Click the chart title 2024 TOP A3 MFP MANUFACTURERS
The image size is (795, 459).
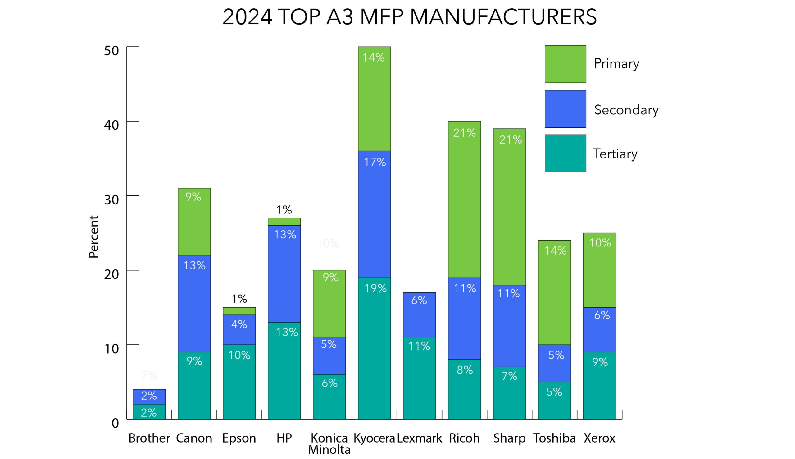tap(410, 17)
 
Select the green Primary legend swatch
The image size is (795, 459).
tap(565, 64)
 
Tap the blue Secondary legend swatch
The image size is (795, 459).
tap(565, 109)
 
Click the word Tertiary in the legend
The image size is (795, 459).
tap(615, 154)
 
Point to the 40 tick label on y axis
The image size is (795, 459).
tap(111, 125)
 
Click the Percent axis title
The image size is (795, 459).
tap(93, 237)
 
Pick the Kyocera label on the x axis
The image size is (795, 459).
tap(374, 438)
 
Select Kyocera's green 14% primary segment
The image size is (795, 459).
tap(374, 99)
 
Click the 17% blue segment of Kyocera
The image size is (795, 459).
tap(374, 214)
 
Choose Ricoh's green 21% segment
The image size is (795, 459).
tap(464, 199)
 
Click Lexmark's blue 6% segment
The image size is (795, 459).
tap(419, 314)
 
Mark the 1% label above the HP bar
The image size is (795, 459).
tap(284, 210)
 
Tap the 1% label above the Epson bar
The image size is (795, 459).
tap(239, 299)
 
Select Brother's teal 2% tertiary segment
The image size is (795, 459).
tap(149, 412)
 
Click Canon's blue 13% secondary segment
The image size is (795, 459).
tap(194, 303)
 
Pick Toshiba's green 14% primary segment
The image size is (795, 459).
tap(554, 292)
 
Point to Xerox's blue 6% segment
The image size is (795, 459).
tap(599, 329)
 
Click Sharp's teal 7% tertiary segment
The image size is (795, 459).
tap(509, 393)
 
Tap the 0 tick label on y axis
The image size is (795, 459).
tap(115, 423)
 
